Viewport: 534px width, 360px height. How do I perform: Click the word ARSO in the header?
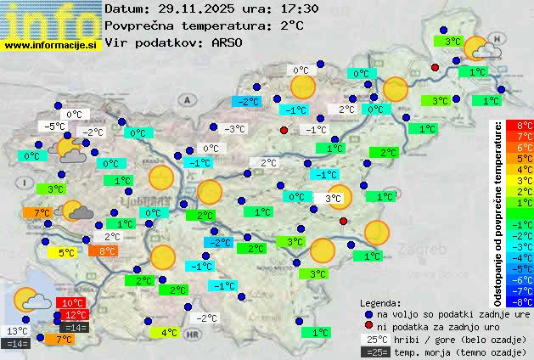pos(228,42)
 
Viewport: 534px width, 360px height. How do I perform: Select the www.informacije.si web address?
pos(51,44)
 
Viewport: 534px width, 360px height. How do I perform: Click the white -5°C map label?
pos(56,127)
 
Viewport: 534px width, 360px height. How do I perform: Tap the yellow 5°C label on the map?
pos(66,252)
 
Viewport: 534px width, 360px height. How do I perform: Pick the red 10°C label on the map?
pos(72,303)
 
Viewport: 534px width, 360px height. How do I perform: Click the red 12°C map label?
pos(75,315)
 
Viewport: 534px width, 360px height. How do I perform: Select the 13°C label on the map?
pos(16,331)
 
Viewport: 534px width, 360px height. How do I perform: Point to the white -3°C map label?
pos(234,129)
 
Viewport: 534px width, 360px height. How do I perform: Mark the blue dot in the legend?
pos(368,314)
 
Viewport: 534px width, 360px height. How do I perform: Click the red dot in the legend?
pos(368,326)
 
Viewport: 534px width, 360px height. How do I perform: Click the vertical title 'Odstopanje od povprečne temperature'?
pos(498,212)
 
